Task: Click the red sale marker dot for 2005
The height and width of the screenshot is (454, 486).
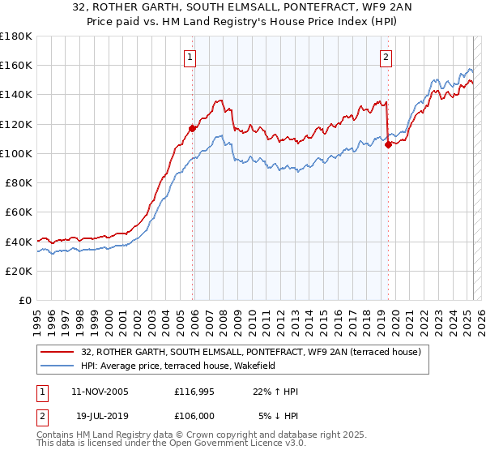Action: point(193,127)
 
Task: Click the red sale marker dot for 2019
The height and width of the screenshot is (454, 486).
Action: point(388,144)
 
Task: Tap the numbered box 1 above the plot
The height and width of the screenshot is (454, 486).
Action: point(189,57)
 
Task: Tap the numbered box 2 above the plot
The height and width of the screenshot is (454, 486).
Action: point(386,57)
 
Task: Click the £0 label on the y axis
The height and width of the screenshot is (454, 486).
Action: point(26,300)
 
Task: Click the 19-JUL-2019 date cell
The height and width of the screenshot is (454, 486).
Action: point(100,417)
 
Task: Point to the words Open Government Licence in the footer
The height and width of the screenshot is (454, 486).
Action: point(204,445)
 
